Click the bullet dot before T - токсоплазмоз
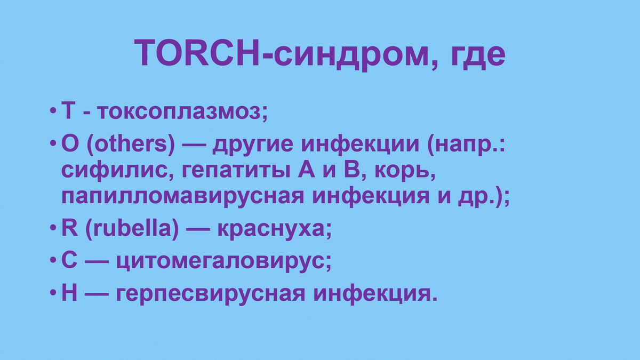coord(52,112)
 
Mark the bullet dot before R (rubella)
coord(52,229)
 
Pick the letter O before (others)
coord(70,145)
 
